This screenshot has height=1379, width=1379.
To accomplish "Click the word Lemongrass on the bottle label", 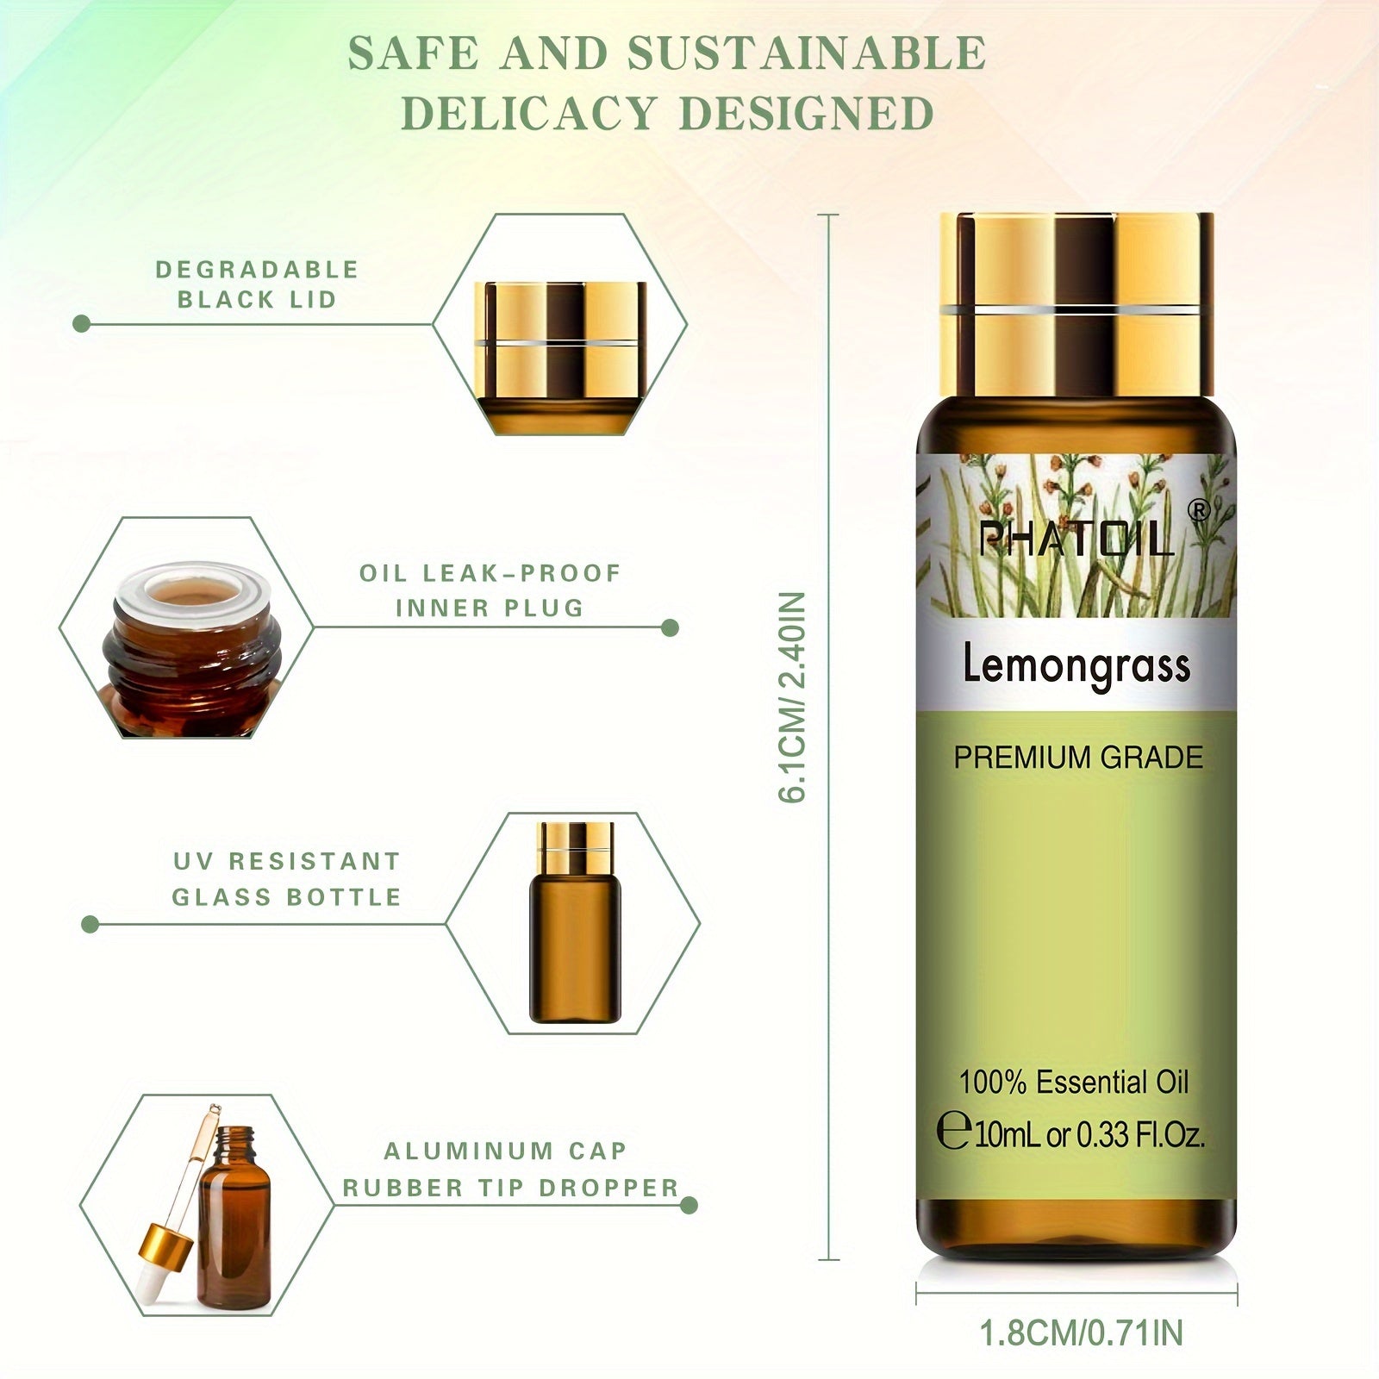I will pyautogui.click(x=1076, y=666).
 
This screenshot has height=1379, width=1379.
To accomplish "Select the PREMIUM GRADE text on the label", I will pyautogui.click(x=1077, y=758).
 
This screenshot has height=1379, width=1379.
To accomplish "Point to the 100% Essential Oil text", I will pyautogui.click(x=1074, y=1083).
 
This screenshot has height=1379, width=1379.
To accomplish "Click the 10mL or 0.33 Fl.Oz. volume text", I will pyautogui.click(x=1089, y=1134).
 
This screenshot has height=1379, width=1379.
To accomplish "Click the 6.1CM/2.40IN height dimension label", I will pyautogui.click(x=792, y=696).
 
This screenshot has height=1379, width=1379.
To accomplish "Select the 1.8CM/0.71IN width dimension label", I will pyautogui.click(x=1081, y=1332).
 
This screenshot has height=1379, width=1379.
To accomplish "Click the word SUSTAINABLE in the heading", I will pyautogui.click(x=806, y=53).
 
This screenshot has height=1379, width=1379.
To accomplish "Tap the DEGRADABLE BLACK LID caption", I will pyautogui.click(x=256, y=284).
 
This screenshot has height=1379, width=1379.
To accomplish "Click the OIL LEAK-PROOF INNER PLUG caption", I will pyautogui.click(x=490, y=590).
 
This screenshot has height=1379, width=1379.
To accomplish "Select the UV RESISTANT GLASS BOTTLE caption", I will pyautogui.click(x=287, y=879).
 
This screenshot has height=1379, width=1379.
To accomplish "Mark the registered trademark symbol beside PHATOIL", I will pyautogui.click(x=1199, y=511).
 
